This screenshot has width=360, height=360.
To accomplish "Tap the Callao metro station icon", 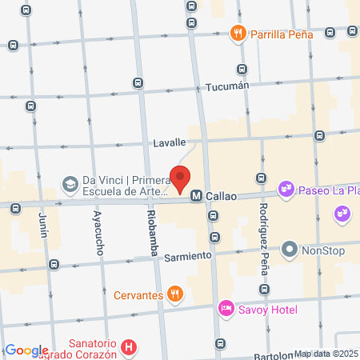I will coord(195,194).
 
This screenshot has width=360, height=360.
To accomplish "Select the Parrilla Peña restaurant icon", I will coord(238,34).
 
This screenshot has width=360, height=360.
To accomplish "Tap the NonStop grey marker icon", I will coord(290,250).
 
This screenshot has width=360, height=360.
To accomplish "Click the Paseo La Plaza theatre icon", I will coord(285,190).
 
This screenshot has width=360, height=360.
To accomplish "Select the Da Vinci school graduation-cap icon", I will coord(70,183).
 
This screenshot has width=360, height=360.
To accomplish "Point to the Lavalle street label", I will coord(170,143).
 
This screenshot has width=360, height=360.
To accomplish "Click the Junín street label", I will coord(45,227).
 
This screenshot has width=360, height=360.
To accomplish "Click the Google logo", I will coord(26,350).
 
